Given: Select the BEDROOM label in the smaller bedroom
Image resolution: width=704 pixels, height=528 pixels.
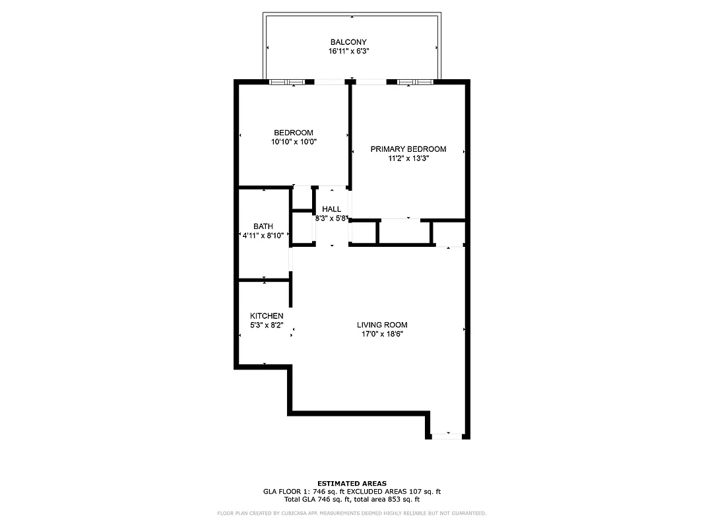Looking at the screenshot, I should coord(294,133).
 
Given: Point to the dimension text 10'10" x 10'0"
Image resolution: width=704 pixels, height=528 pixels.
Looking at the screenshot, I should coord(294,141).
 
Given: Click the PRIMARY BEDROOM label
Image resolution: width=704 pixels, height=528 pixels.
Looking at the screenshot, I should coord(408,149).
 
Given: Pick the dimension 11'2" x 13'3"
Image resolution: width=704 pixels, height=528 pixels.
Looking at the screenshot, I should coord(408,158).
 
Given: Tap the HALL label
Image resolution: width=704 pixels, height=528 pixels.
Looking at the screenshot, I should coord(331,209).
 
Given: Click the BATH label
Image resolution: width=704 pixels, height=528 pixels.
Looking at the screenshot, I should coord(263,226).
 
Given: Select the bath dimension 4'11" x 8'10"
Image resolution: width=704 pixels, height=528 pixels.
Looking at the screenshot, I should coord(263,235).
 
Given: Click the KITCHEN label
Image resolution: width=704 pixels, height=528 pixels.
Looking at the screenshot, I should coord(267,316).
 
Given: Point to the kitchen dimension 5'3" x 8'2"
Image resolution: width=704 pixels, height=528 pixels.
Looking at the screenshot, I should coord(267,325).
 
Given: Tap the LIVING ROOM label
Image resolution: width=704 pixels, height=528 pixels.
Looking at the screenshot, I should coord(382,325).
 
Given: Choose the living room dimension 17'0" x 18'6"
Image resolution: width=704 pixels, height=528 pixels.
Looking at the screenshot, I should coord(382,334).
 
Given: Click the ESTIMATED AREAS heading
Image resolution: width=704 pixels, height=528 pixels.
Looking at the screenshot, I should coord(352,483).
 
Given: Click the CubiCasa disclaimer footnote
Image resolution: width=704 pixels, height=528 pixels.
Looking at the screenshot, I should coord(352,513).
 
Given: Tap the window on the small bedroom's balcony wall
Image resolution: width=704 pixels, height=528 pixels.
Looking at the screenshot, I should coord(288,82).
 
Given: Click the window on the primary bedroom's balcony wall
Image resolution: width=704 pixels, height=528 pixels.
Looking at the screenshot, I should coord(415,82).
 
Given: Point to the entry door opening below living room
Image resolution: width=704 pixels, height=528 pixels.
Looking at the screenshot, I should coord(447,435).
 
